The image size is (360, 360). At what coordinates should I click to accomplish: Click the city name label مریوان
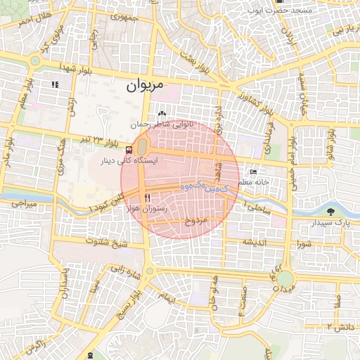tap(145, 86)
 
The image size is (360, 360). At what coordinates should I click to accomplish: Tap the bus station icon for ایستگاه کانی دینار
tap(128, 150)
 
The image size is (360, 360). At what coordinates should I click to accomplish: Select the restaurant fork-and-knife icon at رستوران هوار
tap(147, 198)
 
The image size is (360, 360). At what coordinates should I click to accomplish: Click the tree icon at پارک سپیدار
tap(330, 211)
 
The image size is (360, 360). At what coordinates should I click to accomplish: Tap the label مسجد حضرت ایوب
tap(278, 12)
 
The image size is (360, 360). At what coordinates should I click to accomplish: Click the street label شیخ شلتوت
tap(105, 242)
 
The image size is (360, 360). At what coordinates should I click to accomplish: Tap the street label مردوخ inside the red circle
tap(196, 221)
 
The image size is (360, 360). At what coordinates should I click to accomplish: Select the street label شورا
tap(304, 244)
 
